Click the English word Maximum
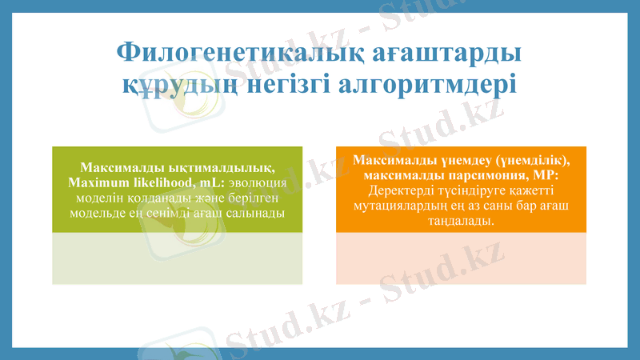coord(98,183)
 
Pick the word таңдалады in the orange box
coord(460,221)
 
